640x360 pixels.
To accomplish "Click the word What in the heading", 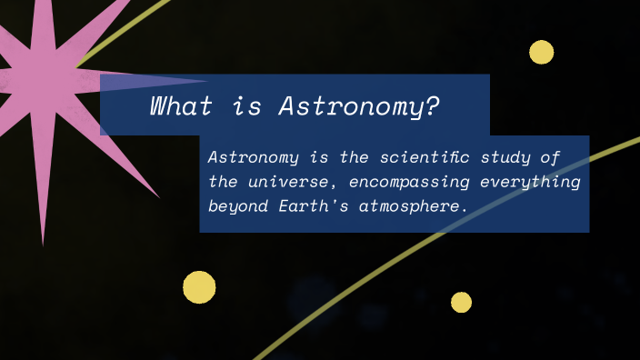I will point(181,106).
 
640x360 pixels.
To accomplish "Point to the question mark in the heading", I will point(432,106).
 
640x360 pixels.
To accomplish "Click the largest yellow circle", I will point(199,287).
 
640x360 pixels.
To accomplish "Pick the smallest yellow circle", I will point(461,302).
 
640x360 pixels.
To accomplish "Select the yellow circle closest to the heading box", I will point(541,52).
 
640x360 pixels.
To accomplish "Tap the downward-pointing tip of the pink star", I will point(43,242).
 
